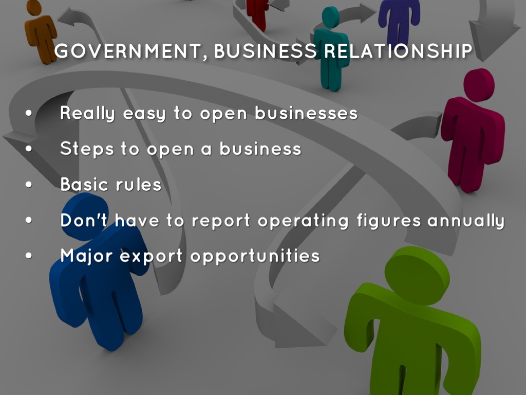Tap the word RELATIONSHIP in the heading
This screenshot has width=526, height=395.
[x=398, y=51]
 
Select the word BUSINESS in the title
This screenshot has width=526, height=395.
[x=265, y=51]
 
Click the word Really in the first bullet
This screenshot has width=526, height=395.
[x=87, y=114]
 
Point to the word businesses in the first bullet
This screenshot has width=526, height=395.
[x=306, y=113]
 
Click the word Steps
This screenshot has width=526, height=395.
[x=87, y=149]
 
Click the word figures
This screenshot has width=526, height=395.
[x=388, y=221]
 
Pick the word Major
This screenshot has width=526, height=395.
[x=86, y=256]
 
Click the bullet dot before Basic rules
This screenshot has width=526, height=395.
[x=29, y=185]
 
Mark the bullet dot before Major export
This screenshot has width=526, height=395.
[x=29, y=256]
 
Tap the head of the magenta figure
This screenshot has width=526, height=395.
[x=479, y=85]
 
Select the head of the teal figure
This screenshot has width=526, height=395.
[x=331, y=17]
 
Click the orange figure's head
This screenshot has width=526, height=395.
[x=33, y=7]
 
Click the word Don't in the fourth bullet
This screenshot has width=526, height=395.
[x=84, y=220]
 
